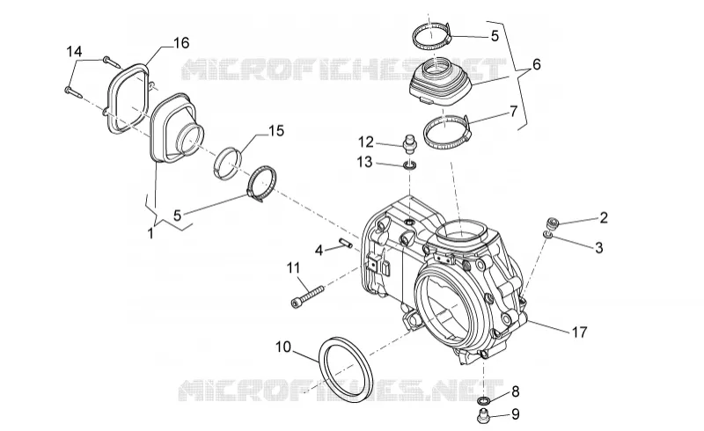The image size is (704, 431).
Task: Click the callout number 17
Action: pos(579,332)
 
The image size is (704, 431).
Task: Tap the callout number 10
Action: pos(283,347)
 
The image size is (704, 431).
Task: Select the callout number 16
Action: pos(181,43)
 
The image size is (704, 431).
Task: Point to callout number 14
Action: pos(75,52)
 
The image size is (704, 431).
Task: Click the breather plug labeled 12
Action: pos(408,143)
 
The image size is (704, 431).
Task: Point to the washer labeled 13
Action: pos(410,166)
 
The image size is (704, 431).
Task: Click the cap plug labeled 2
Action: pos(553,223)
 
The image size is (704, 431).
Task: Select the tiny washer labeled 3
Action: pos(547,234)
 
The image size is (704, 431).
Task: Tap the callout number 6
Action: pos(536,65)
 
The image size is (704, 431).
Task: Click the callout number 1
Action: pos(150,233)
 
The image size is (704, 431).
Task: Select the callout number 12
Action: pos(366,142)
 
